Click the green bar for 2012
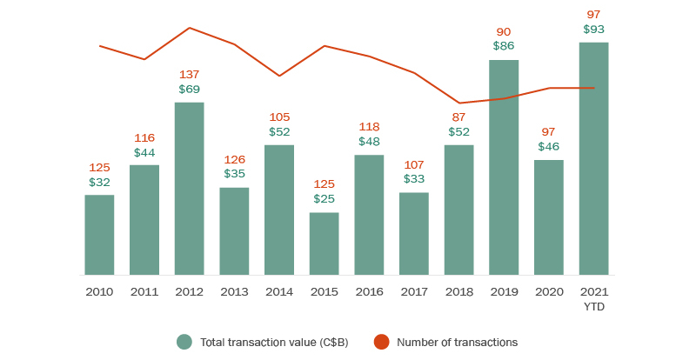pos(189,189)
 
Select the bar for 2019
pos(504,167)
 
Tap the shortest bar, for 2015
pos(324,243)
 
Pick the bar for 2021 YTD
pos(594,158)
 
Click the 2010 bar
pos(99,235)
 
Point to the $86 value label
pos(504,45)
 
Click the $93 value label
pos(594,29)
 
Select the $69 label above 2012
pos(190,89)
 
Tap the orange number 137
pos(190,74)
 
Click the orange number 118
pos(369,127)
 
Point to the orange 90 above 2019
pos(504,31)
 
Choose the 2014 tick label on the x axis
pos(279,292)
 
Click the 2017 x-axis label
pos(414,292)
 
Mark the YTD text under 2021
pos(594,307)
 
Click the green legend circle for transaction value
pos(184,342)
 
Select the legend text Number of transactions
pos(457,342)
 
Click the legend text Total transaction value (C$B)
pos(274,342)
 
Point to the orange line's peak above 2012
pos(190,28)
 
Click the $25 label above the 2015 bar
pos(325,199)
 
